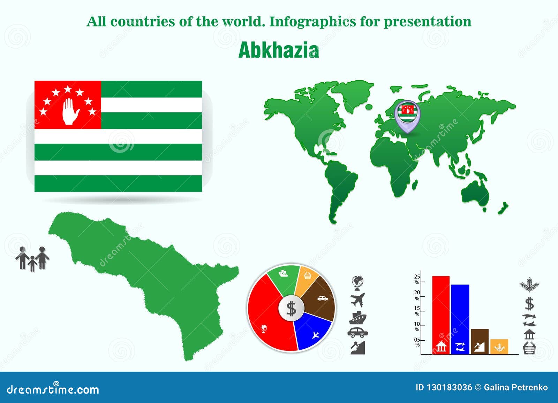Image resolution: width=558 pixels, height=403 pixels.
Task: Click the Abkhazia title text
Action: (279, 50)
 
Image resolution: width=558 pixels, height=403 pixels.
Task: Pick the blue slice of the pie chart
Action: (312, 331)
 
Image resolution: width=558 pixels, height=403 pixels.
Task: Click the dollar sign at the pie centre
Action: (291, 309)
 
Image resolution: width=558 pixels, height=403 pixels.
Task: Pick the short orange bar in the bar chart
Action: (499, 347)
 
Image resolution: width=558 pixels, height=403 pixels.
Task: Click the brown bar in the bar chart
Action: (480, 342)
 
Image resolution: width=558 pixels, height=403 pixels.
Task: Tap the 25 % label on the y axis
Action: (417, 279)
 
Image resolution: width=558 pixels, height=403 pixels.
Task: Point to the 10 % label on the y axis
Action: (417, 327)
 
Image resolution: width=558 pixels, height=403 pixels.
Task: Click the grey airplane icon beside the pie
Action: (358, 300)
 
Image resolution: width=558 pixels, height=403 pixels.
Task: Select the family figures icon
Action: (32, 259)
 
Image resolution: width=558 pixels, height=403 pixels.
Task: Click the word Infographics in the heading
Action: (312, 22)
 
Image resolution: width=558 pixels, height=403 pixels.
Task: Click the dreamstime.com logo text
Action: (53, 389)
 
